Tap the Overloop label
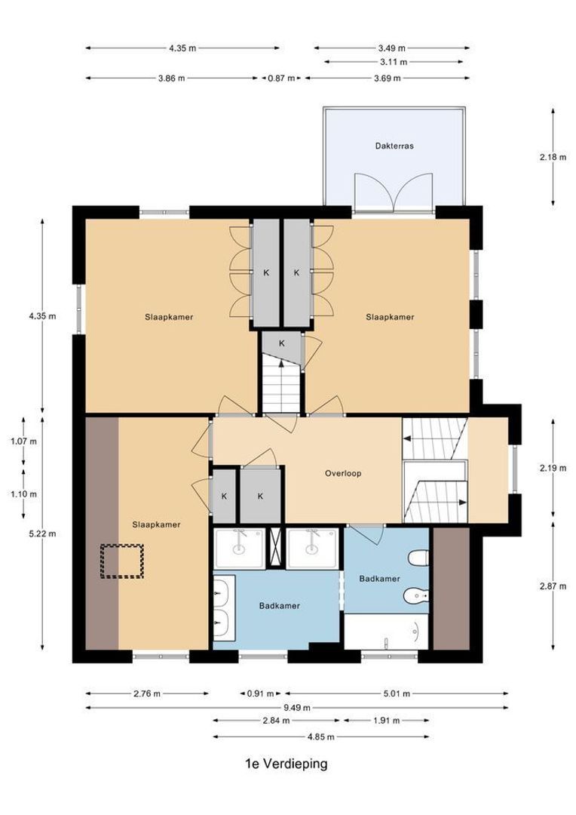coord(343,473)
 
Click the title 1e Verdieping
coord(286,764)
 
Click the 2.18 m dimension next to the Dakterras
coord(553,157)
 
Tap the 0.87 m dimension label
coord(281,78)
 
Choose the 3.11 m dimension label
coord(393,62)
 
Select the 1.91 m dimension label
coord(386,721)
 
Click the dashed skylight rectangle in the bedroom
coord(122,562)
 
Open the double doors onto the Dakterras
coord(393,190)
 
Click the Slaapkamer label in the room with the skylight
coord(156,524)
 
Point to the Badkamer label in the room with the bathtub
coord(379,579)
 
